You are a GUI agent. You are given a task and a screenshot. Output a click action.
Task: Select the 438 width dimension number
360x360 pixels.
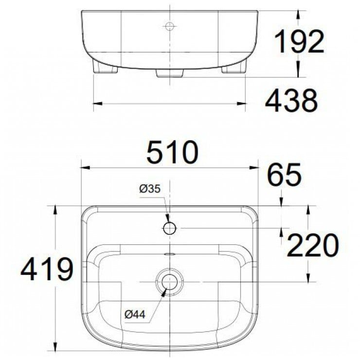click(291, 101)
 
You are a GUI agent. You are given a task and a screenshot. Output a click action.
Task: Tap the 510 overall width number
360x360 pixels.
click(173, 152)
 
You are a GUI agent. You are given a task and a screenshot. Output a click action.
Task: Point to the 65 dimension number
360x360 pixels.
click(285, 176)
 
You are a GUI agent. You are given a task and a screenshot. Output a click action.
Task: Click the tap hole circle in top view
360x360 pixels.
click(169, 228)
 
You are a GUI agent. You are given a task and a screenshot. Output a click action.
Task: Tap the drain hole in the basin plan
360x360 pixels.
click(169, 281)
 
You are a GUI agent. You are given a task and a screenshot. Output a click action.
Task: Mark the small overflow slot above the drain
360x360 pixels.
click(169, 254)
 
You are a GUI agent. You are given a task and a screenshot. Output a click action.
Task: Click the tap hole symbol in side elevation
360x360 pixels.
click(169, 26)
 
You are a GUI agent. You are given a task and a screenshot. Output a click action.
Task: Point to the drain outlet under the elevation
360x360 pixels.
click(169, 73)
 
